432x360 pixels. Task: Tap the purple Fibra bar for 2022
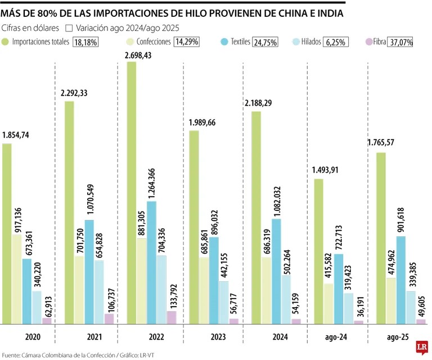pos(172,318)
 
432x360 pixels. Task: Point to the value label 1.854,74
pos(19,135)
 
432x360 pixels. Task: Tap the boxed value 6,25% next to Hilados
pos(335,42)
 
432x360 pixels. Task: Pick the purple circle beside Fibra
pos(369,42)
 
